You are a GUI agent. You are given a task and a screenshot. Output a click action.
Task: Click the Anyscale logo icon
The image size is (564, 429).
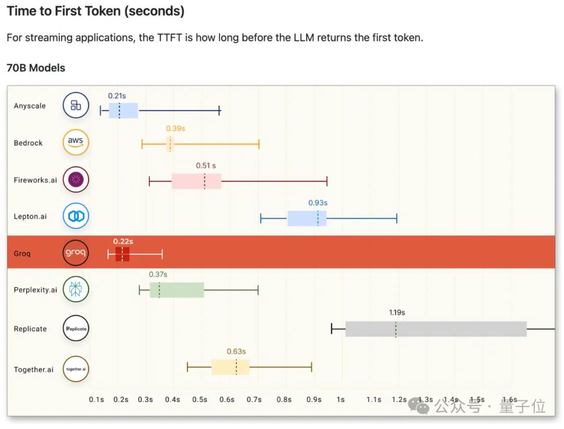click(76, 105)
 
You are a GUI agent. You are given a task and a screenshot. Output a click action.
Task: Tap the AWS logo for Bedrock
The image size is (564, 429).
click(76, 142)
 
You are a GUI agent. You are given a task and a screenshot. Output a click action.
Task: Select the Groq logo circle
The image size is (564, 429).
click(76, 254)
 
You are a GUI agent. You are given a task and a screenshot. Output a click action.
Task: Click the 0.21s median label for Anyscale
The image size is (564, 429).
click(117, 96)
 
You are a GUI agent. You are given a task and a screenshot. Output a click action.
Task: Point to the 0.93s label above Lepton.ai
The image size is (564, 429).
click(318, 202)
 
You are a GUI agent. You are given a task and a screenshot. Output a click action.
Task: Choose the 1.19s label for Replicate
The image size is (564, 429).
click(397, 313)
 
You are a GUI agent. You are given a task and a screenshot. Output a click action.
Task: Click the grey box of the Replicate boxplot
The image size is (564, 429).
click(436, 329)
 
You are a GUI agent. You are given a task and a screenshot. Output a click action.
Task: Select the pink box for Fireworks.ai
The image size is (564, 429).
click(196, 181)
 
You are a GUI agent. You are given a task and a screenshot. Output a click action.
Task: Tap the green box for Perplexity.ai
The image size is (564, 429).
click(177, 290)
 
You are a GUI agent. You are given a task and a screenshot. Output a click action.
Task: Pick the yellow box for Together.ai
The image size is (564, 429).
click(230, 367)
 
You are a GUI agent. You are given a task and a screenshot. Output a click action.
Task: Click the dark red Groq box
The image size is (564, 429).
click(122, 254)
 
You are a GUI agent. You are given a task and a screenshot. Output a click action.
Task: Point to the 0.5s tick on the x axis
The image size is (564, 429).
click(199, 399)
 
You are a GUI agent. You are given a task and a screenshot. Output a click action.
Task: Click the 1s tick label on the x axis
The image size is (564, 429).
click(340, 399)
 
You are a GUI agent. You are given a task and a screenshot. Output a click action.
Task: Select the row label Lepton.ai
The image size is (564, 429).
click(30, 216)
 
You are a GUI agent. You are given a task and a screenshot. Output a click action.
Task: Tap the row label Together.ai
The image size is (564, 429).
click(33, 370)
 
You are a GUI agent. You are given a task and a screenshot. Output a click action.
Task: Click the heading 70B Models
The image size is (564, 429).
click(36, 68)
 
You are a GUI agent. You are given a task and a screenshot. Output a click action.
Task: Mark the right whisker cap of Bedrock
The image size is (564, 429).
click(259, 144)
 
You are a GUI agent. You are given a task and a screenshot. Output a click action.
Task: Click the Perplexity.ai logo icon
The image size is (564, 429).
click(76, 290)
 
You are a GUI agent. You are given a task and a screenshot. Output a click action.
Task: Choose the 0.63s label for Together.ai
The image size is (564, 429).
click(236, 351)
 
